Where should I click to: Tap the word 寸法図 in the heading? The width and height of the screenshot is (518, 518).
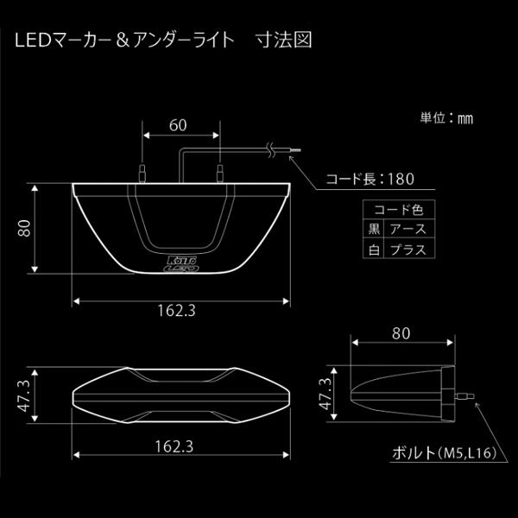283,41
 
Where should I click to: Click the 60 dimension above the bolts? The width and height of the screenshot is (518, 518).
178,125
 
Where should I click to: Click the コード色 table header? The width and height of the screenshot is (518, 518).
398,210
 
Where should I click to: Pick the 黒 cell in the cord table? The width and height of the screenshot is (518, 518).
372,230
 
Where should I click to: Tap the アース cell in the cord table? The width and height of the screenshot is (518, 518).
407,230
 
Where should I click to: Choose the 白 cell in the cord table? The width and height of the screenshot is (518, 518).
372,250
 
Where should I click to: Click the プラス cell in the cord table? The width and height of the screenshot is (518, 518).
407,250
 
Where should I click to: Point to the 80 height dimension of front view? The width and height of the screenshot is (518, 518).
25,229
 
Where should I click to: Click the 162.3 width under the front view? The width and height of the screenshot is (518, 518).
177,312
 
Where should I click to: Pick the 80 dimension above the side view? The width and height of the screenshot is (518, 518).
400,332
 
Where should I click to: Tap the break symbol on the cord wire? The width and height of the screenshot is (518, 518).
272,153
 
